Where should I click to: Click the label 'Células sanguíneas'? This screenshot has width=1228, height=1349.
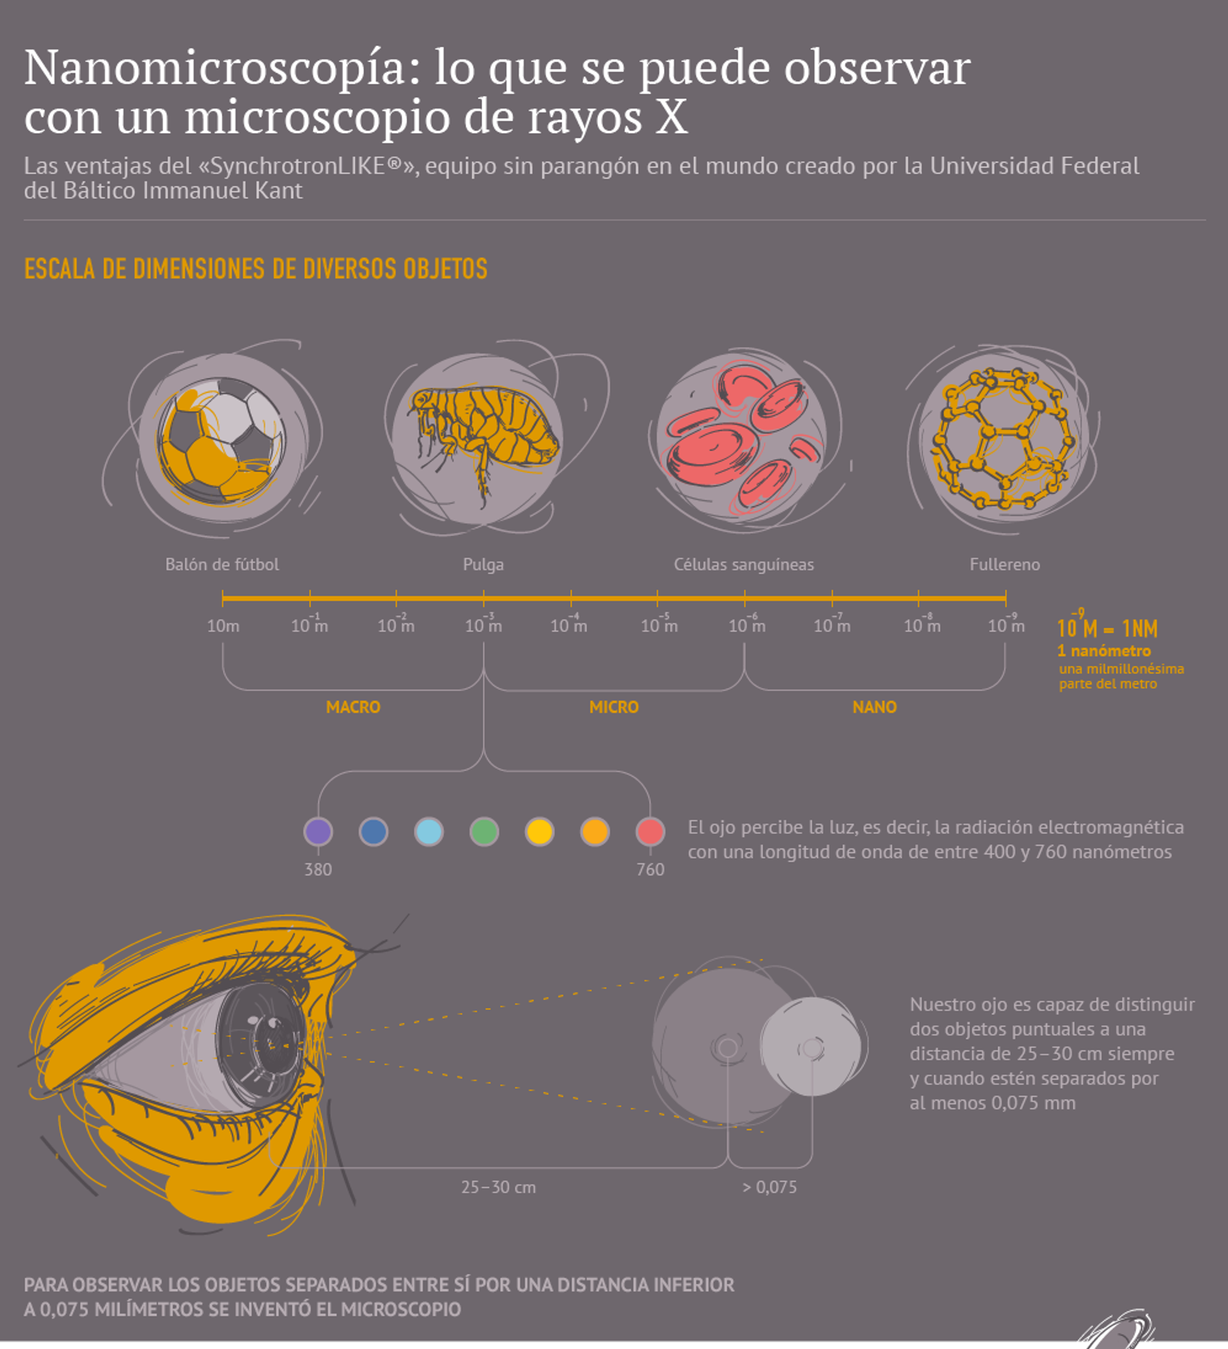pos(743,564)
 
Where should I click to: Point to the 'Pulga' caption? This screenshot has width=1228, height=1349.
pos(483,564)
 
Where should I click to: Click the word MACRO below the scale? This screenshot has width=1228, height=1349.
pos(353,706)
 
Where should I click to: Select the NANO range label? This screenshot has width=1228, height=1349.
pos(874,706)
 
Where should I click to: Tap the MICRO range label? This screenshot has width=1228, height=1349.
pos(613,706)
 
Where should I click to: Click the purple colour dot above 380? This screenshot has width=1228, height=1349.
pos(318,832)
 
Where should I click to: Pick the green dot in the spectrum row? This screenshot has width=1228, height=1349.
pos(484,832)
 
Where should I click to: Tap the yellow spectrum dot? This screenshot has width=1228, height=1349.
pos(540,832)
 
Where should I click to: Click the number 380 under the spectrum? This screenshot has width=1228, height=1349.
pos(318,869)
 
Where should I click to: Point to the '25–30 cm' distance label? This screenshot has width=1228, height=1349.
pos(498,1187)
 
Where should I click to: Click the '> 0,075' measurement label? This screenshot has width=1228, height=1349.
pos(769,1187)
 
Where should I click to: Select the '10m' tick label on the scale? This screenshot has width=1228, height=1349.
pos(223,626)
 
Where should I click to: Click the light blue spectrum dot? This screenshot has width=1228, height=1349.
pos(429,832)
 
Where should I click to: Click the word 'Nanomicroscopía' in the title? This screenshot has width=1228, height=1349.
pos(214,69)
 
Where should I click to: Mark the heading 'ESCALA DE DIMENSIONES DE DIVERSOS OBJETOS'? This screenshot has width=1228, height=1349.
pos(256,269)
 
